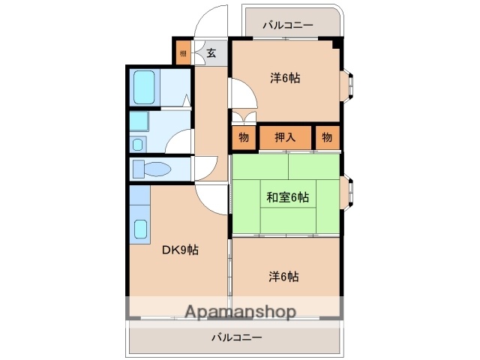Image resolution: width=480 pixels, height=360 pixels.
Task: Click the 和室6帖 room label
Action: pyautogui.click(x=287, y=197)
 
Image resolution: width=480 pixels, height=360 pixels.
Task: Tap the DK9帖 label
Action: pyautogui.click(x=180, y=250)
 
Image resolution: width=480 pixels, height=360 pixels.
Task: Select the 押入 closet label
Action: pyautogui.click(x=285, y=136)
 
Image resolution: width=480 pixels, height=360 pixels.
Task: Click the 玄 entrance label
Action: pyautogui.click(x=211, y=52)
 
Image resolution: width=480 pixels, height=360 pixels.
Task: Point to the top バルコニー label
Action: pyautogui.click(x=288, y=25)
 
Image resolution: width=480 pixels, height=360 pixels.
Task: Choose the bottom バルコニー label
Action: pyautogui.click(x=236, y=337)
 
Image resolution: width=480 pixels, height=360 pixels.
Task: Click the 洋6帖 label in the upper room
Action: pyautogui.click(x=285, y=77)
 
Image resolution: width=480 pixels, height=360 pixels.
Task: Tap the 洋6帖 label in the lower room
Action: pyautogui.click(x=284, y=276)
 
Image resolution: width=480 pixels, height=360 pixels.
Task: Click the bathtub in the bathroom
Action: pyautogui.click(x=144, y=88)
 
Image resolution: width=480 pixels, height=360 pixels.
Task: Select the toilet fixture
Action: pyautogui.click(x=148, y=169)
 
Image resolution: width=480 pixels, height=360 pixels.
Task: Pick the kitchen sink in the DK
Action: pyautogui.click(x=140, y=229)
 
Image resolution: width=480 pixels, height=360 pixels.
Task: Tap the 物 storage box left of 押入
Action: pyautogui.click(x=244, y=136)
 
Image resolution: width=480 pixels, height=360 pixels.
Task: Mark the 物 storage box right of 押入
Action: pyautogui.click(x=327, y=136)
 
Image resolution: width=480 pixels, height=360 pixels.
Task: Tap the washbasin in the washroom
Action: pyautogui.click(x=139, y=142)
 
